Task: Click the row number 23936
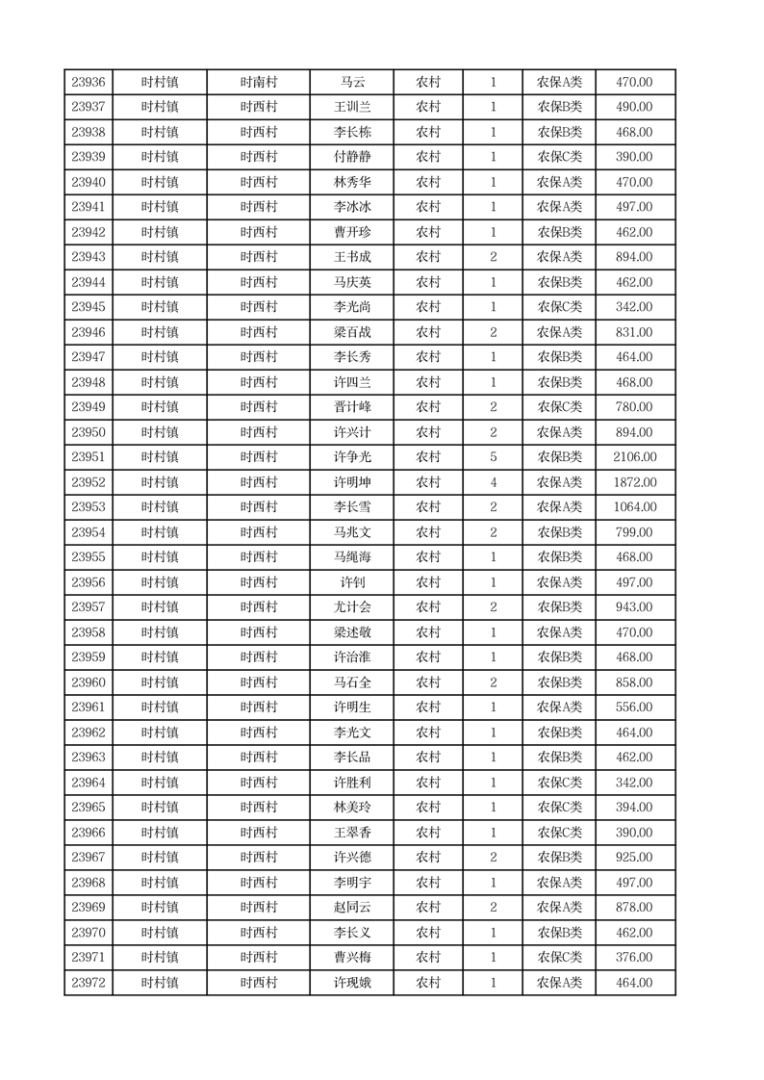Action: (x=89, y=83)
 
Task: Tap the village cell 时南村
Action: (x=259, y=83)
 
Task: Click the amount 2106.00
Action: (x=634, y=457)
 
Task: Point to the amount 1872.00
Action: (x=634, y=482)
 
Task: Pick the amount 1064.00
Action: (x=634, y=507)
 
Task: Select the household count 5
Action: (x=493, y=457)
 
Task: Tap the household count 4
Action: (x=493, y=482)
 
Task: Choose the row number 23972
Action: (x=89, y=983)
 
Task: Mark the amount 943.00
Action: (x=634, y=607)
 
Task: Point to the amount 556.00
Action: (x=634, y=707)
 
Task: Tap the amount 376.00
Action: (x=634, y=958)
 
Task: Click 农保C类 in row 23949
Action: (x=559, y=407)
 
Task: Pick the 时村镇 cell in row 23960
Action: (x=160, y=682)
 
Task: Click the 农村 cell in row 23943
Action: (x=428, y=257)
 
